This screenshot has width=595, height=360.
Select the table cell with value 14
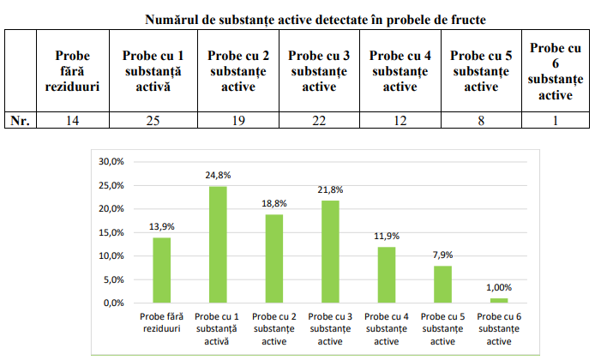[x=73, y=121]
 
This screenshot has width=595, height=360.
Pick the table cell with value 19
[x=238, y=121]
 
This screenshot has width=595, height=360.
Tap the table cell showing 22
[x=318, y=121]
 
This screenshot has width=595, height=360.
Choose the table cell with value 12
[x=400, y=121]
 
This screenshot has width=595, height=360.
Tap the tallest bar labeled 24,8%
[x=218, y=244]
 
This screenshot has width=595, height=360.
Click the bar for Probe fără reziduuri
[x=162, y=270]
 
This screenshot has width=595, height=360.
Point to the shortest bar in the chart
[x=499, y=300]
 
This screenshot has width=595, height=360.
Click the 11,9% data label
[x=387, y=236]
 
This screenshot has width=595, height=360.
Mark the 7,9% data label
[x=442, y=255]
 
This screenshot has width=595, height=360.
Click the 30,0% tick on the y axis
[x=112, y=161]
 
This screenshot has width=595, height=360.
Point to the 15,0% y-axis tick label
[x=112, y=232]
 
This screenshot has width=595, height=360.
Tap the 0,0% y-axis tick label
[x=115, y=303]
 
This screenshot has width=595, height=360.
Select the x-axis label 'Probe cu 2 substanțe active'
[x=274, y=328]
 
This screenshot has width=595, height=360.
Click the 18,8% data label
[x=274, y=203]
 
